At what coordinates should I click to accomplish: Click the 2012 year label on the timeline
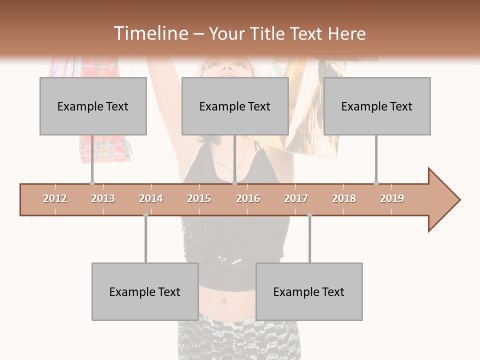pyautogui.click(x=55, y=198)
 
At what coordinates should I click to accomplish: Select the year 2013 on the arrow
pyautogui.click(x=103, y=198)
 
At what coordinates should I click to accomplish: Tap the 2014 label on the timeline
pyautogui.click(x=151, y=198)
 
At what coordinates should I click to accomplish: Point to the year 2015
pyautogui.click(x=199, y=198)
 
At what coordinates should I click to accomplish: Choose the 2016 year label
pyautogui.click(x=248, y=198)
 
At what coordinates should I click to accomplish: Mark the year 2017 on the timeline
pyautogui.click(x=296, y=198)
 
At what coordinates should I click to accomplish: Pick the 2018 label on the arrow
pyautogui.click(x=344, y=198)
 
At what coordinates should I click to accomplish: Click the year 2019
pyautogui.click(x=392, y=198)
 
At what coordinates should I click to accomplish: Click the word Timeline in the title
pyautogui.click(x=150, y=33)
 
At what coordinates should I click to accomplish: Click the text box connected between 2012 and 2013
pyautogui.click(x=93, y=106)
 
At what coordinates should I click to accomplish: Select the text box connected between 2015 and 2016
pyautogui.click(x=235, y=106)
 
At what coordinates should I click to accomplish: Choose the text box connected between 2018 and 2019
pyautogui.click(x=377, y=106)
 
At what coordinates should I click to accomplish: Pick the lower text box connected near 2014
pyautogui.click(x=145, y=291)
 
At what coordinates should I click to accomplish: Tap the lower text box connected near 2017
pyautogui.click(x=309, y=291)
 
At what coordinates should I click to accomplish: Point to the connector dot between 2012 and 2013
pyautogui.click(x=92, y=183)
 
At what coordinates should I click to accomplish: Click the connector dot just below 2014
pyautogui.click(x=145, y=215)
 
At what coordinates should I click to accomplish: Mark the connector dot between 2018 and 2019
pyautogui.click(x=376, y=183)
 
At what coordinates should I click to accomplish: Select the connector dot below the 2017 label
pyautogui.click(x=309, y=215)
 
